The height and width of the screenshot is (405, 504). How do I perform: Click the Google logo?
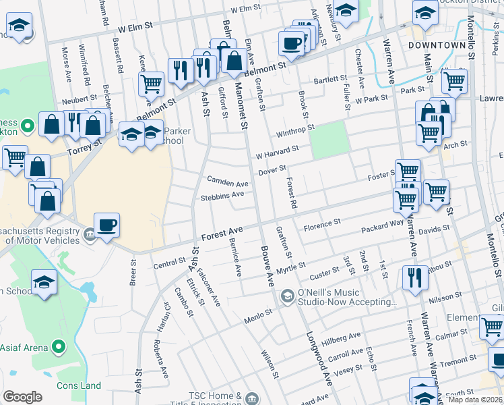pyautogui.click(x=22, y=397)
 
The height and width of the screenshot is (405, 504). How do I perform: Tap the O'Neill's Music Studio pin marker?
pyautogui.click(x=287, y=296)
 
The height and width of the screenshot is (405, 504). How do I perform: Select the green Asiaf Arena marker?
pyautogui.click(x=59, y=348)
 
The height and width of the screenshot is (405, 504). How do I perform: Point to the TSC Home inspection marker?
pyautogui.click(x=252, y=396)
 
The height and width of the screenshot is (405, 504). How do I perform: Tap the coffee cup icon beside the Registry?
pyautogui.click(x=107, y=224)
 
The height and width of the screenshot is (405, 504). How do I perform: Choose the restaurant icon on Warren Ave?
pyautogui.click(x=414, y=277)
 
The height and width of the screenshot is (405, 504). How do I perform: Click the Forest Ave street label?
pyautogui.click(x=222, y=236)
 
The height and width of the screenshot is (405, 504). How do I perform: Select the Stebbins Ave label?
pyautogui.click(x=222, y=196)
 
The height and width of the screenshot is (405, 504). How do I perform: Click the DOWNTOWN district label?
pyautogui.click(x=436, y=45)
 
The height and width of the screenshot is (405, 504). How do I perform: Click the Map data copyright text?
pyautogui.click(x=476, y=400)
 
